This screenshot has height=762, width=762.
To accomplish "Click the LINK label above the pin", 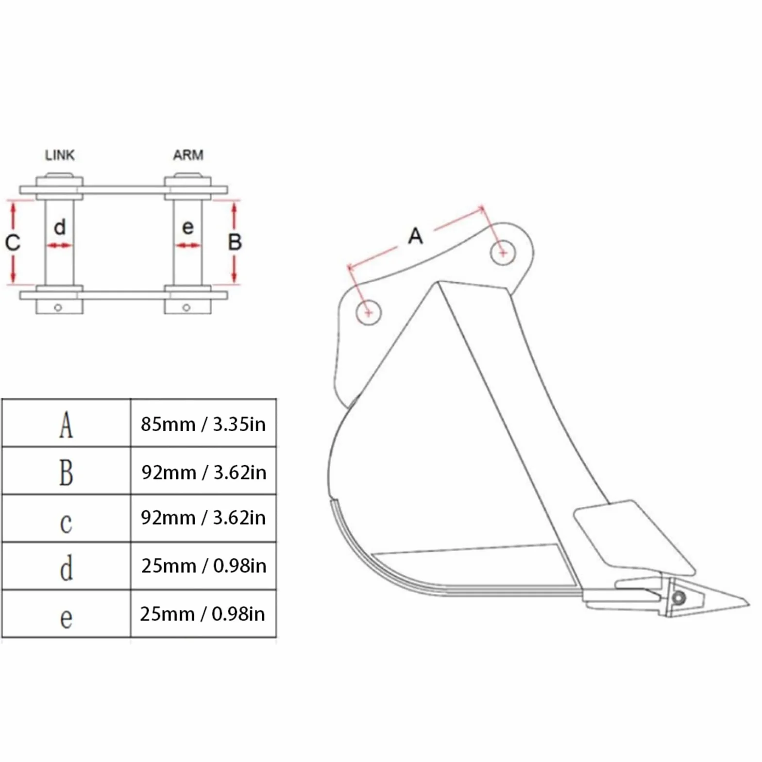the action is pyautogui.click(x=60, y=155).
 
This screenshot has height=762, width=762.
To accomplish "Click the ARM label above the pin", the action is pyautogui.click(x=188, y=155).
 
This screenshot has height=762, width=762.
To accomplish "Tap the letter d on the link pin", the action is pyautogui.click(x=60, y=227).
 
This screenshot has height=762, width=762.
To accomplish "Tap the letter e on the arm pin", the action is pyautogui.click(x=187, y=228).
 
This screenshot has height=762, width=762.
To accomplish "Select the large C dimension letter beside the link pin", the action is pyautogui.click(x=13, y=242).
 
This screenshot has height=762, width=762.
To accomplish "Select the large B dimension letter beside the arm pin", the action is pyautogui.click(x=235, y=242).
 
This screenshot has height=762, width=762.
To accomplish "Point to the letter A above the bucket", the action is pyautogui.click(x=415, y=237).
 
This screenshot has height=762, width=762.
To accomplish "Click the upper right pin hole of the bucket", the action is pyautogui.click(x=503, y=253).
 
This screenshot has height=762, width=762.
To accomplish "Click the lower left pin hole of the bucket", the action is pyautogui.click(x=369, y=312).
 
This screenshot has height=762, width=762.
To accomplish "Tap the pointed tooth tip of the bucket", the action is pyautogui.click(x=749, y=605).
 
